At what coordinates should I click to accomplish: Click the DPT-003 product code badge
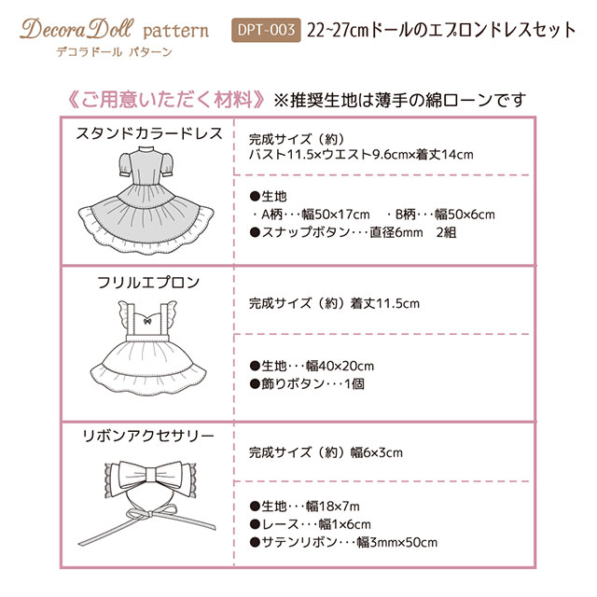tap(265, 31)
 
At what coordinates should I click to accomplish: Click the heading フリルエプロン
tap(148, 282)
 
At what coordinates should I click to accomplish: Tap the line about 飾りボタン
tap(307, 383)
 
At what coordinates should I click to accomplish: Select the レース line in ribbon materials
tap(304, 523)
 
